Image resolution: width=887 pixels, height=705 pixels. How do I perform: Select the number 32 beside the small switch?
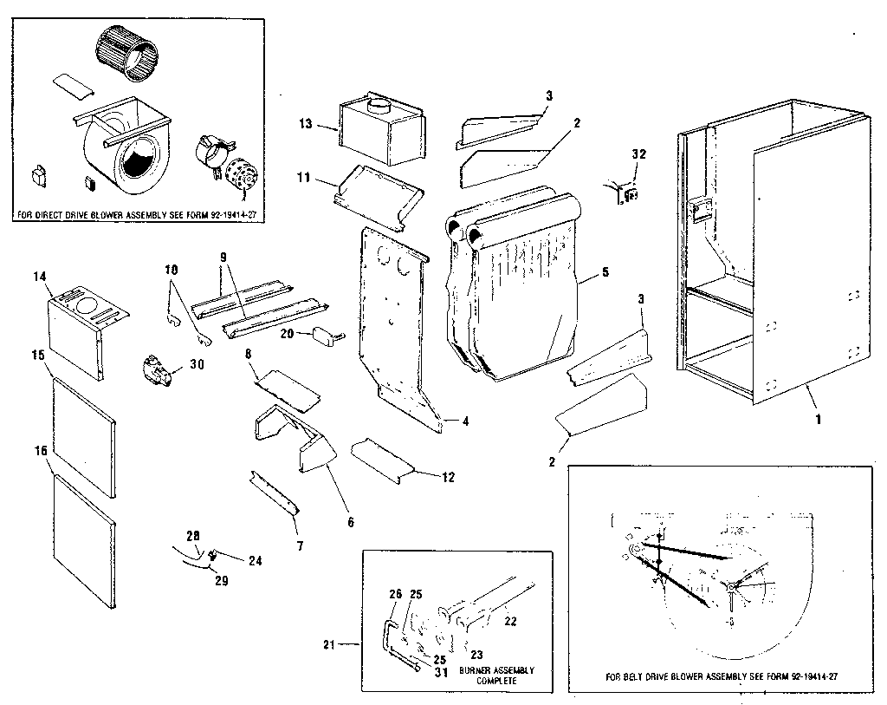point(638,154)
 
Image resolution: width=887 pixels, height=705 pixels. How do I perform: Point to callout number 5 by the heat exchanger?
point(605,271)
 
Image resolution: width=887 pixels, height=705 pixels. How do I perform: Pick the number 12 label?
point(448,477)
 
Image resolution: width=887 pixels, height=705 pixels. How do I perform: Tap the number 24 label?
point(255,560)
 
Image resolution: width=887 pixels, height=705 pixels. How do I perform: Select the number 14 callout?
point(39,276)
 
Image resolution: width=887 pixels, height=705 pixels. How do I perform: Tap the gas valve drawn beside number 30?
point(156,372)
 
